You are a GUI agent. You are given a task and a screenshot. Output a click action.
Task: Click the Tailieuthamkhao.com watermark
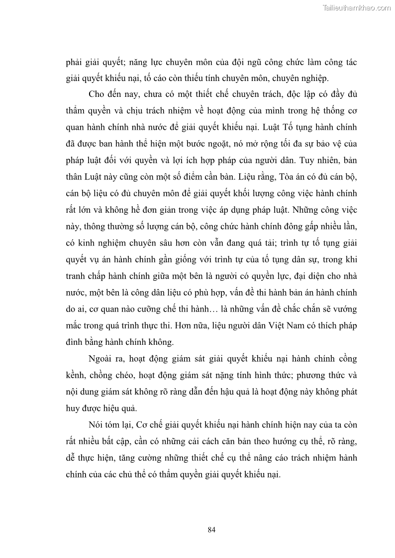357,8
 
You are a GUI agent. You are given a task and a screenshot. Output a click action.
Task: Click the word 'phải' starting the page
74,64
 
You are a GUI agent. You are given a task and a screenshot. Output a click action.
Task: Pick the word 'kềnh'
76,375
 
